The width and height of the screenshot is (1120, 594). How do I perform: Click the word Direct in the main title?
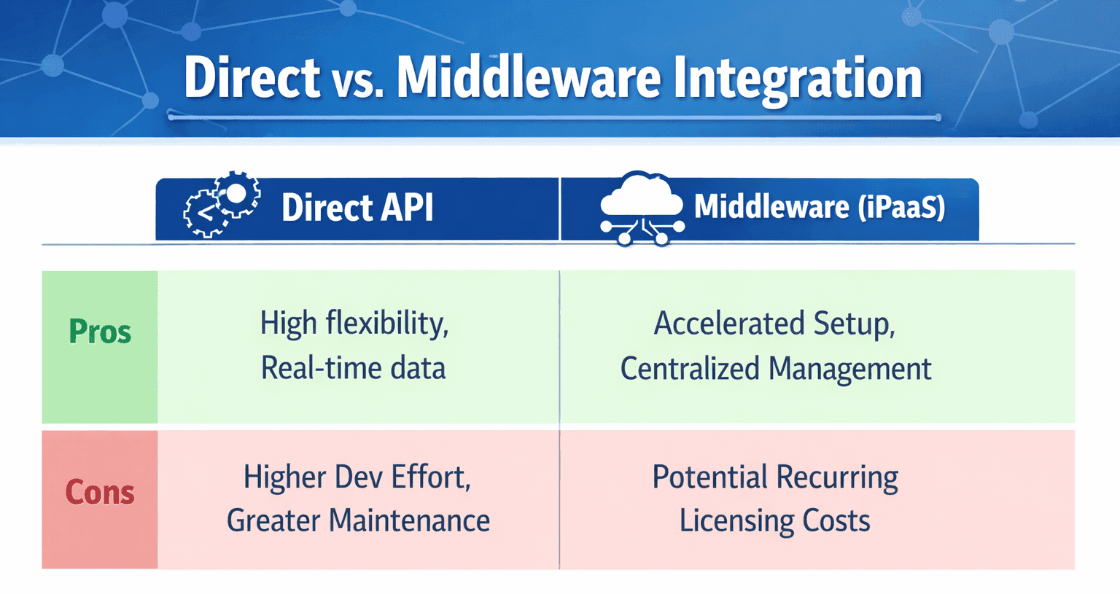[252, 77]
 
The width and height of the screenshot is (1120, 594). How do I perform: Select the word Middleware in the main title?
[528, 77]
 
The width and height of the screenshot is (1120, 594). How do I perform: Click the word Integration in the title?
[797, 79]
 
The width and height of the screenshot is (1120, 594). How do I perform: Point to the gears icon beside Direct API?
[222, 204]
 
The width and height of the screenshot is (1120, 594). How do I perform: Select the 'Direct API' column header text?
[357, 208]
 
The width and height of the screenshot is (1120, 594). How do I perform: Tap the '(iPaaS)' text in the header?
[901, 207]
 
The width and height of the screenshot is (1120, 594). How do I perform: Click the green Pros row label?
[100, 332]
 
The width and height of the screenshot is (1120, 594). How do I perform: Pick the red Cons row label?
[100, 493]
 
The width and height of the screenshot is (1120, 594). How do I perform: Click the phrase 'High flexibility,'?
[354, 323]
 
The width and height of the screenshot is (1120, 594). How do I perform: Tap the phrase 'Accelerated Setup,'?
[774, 324]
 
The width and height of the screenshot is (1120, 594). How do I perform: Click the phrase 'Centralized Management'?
[776, 369]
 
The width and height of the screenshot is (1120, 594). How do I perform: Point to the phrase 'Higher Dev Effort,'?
[357, 477]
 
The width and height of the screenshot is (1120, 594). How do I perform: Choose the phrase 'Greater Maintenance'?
[358, 521]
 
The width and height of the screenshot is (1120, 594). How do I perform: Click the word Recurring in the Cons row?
[837, 478]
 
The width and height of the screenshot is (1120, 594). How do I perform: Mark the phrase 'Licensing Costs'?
[774, 521]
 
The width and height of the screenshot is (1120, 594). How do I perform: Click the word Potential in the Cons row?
[709, 477]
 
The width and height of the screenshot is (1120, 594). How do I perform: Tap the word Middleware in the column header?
[771, 207]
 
